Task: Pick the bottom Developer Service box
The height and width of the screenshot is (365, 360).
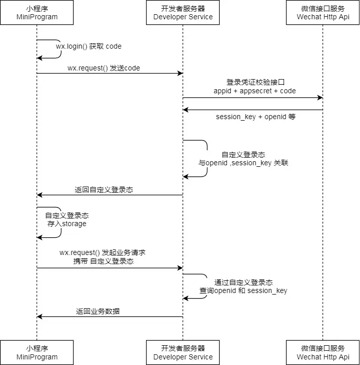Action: point(183,352)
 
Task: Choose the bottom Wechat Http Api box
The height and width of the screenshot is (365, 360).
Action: point(323,352)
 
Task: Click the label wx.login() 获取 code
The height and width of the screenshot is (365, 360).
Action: point(89,46)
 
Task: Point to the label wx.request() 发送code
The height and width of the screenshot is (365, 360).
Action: point(103,68)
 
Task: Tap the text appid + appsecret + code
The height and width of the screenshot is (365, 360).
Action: point(255,91)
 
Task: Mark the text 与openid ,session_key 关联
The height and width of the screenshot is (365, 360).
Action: point(243,163)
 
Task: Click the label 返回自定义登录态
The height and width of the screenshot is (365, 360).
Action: point(104,190)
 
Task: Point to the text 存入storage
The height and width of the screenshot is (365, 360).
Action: point(67,224)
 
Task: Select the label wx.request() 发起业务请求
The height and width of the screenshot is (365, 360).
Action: point(103,252)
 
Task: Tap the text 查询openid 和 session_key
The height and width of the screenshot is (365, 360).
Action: point(243,290)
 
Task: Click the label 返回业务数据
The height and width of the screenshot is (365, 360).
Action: point(98,311)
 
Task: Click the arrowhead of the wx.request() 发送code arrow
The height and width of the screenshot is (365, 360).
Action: point(180,74)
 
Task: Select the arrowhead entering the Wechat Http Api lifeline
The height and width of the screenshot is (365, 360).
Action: point(320,97)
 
